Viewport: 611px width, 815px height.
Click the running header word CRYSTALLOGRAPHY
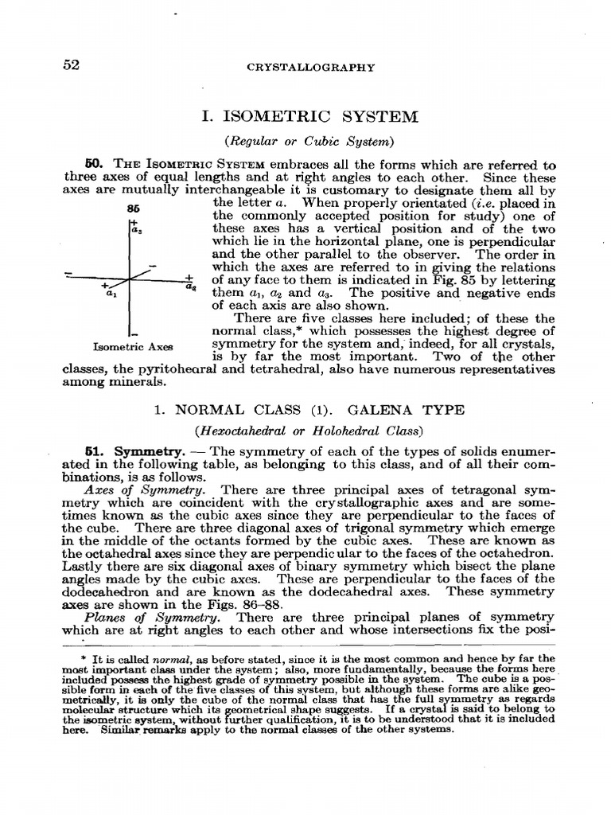311,68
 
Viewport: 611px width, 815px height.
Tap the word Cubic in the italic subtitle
329,142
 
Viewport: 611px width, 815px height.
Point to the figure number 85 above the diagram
133,208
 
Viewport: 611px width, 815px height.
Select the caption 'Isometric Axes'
133,347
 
